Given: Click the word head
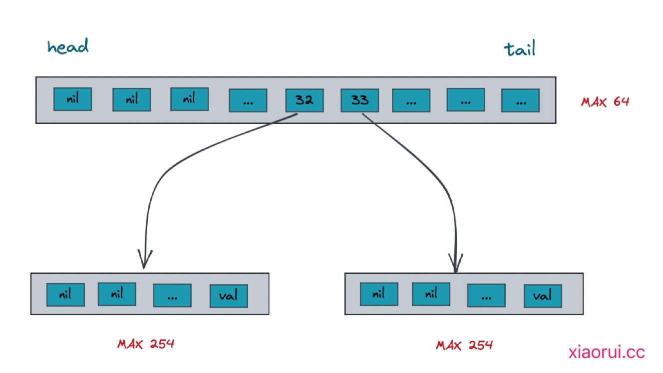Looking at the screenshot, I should point(68,46).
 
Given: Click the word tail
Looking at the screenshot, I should point(519,49).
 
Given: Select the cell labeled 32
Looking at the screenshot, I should point(304,100).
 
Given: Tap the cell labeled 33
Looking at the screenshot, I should point(359,100).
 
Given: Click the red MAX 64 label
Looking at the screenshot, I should point(605,101).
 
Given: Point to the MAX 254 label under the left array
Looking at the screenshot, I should point(146,343).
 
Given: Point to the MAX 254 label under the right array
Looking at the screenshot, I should point(464,344).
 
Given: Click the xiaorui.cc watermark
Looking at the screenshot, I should point(607,352).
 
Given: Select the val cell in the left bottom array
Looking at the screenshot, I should point(229,295).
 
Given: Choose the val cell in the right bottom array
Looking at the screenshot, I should point(543,295).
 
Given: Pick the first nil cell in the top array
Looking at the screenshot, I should point(73,99).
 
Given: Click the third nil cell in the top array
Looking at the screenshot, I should point(189,98).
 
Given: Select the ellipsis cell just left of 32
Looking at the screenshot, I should point(248,100).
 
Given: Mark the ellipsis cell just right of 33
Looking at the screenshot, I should point(411,100).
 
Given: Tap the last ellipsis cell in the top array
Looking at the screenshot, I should point(520,100).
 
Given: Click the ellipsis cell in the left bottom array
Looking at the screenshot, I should point(172,295).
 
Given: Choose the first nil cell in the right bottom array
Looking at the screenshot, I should point(379,294).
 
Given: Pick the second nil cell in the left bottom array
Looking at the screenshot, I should point(117,293).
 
